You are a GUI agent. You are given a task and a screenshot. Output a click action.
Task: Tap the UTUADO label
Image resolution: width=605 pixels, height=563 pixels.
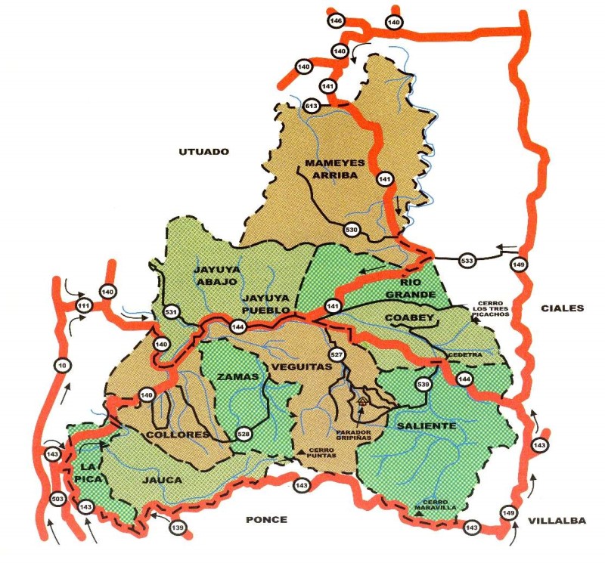pos(203,151)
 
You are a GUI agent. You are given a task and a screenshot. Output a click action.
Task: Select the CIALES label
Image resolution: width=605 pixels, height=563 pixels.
pos(563,308)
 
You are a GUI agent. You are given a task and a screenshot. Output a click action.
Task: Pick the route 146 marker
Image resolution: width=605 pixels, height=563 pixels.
pos(336,20)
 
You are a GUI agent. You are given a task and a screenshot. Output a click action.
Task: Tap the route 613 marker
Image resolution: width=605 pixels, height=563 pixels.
pos(310,107)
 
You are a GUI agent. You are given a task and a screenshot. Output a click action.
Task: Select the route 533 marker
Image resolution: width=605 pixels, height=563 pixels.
pos(467,261)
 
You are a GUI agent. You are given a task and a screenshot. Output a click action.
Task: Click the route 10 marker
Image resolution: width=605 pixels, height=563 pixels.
pos(61,366)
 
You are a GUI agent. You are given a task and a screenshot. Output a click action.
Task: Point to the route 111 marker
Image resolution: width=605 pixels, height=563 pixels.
pos(84,305)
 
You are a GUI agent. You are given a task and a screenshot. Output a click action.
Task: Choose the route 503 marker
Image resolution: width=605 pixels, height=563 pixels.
pos(57,500)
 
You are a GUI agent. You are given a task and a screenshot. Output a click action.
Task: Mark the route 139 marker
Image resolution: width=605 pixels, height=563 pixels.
pos(178,527)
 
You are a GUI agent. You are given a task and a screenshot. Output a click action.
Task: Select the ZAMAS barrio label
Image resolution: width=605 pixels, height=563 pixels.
pos(238,376)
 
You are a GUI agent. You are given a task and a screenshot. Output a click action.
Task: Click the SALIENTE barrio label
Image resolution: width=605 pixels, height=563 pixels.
pos(427,426)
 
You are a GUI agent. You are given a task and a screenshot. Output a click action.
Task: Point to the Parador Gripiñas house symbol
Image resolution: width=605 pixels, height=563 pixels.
pos(362,401)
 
